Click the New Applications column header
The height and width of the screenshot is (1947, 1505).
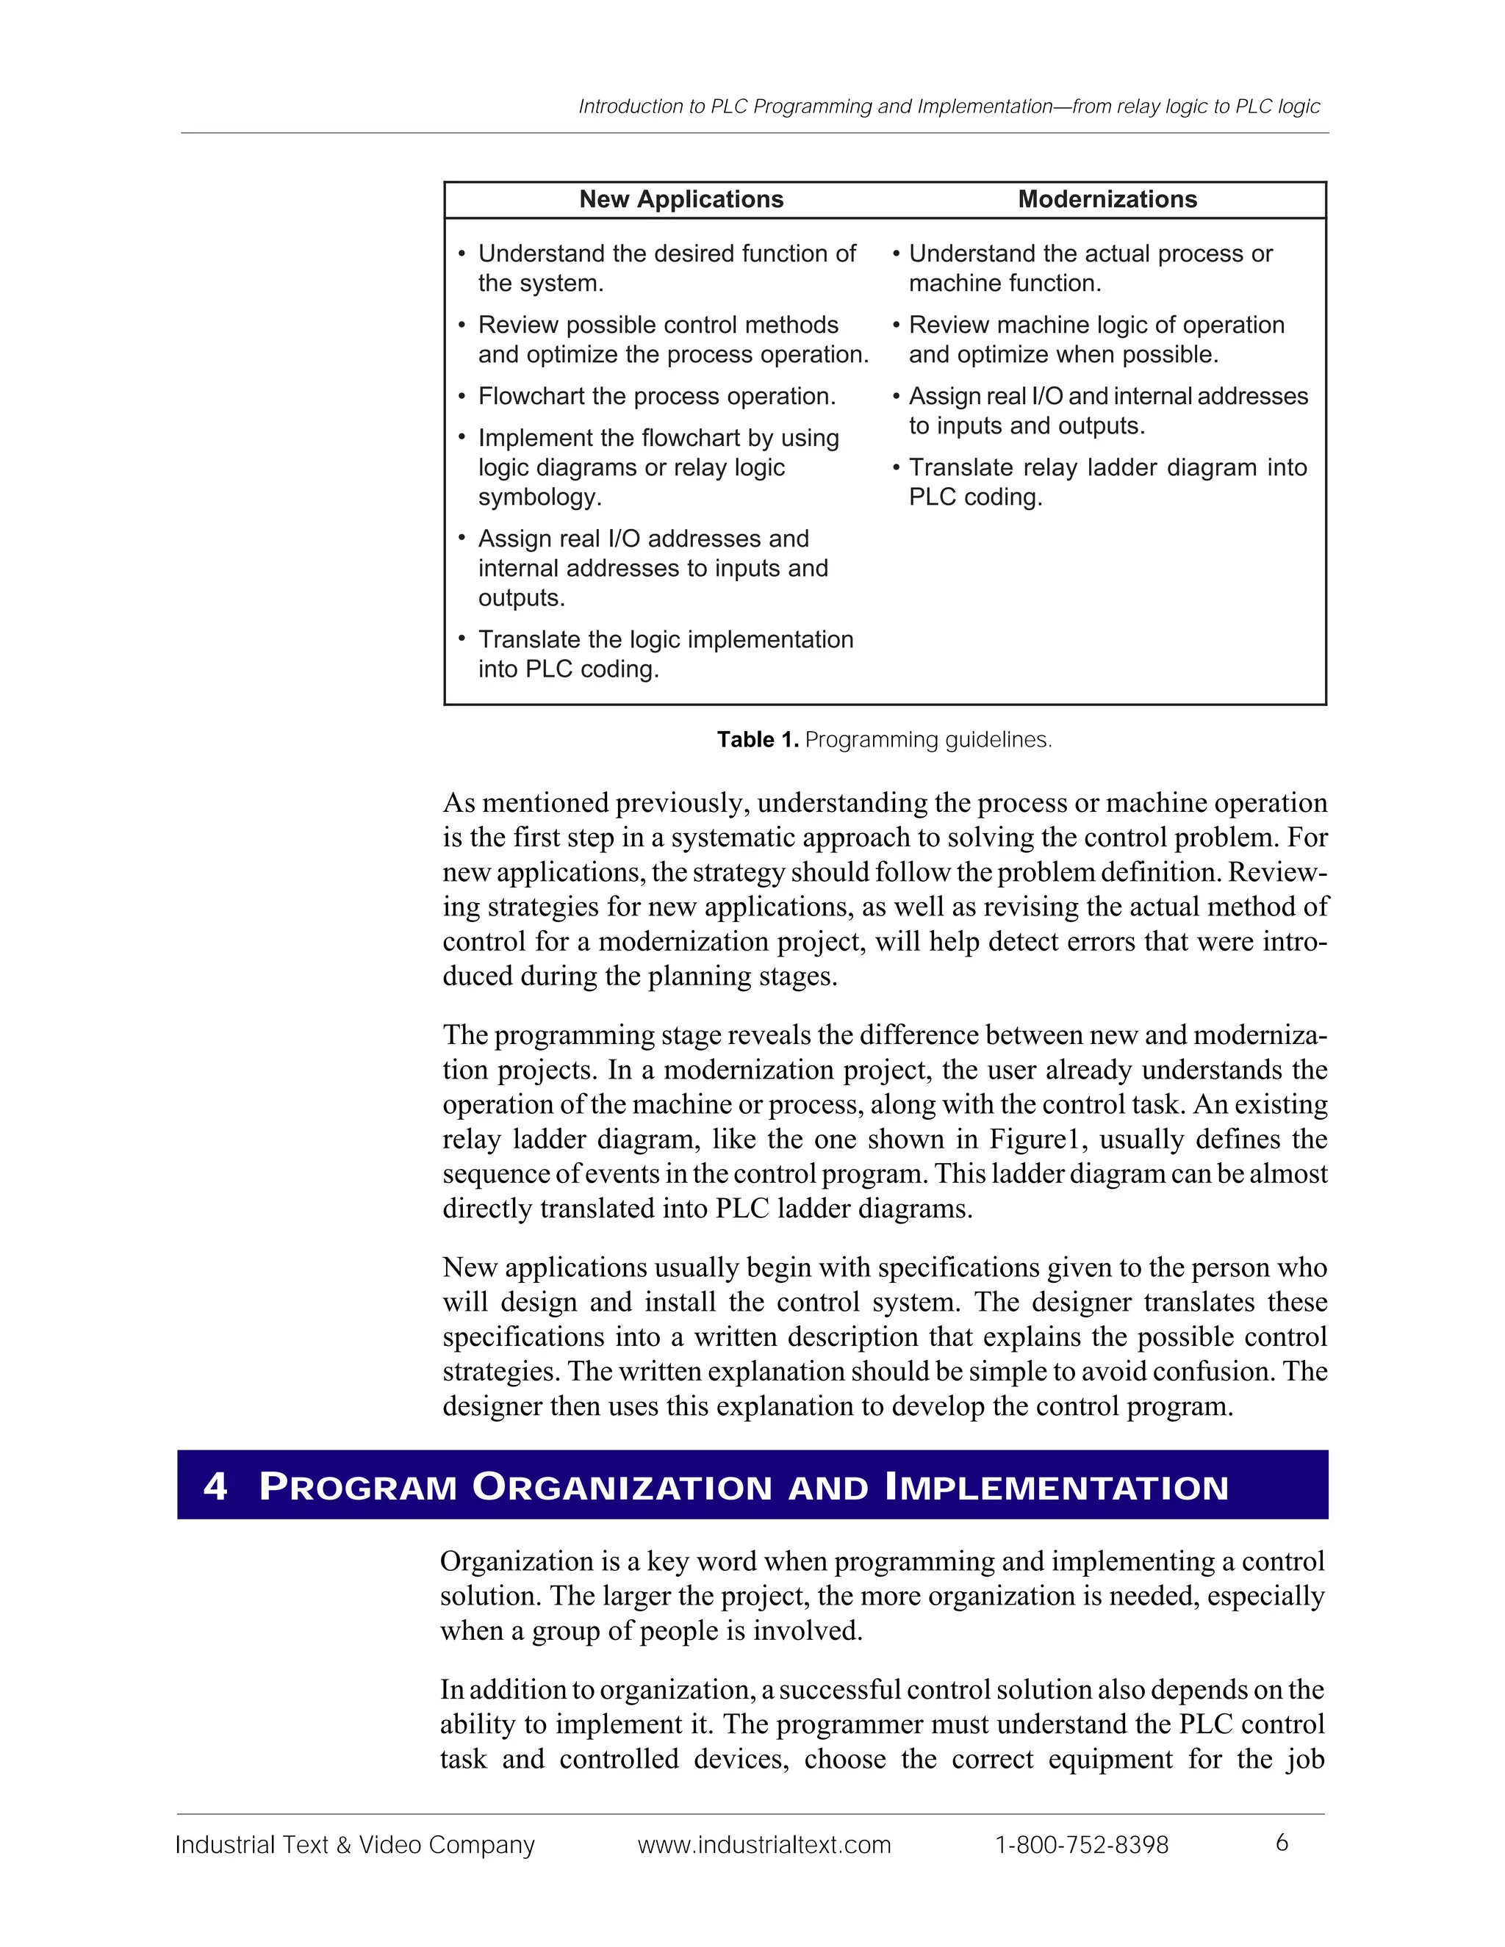(x=681, y=200)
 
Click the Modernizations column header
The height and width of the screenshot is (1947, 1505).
(x=1107, y=200)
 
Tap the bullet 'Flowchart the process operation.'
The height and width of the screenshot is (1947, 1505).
(x=656, y=397)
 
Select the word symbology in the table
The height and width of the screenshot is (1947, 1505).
(x=539, y=497)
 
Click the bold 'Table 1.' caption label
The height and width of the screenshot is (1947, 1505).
(x=757, y=740)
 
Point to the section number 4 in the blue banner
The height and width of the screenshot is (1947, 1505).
(x=215, y=1487)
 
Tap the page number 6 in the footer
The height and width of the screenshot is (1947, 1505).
(x=1281, y=1843)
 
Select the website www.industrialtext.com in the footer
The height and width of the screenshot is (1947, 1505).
(x=764, y=1844)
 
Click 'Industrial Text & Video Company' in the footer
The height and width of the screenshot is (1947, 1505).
(x=355, y=1844)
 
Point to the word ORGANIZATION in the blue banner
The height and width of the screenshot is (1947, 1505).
(x=622, y=1487)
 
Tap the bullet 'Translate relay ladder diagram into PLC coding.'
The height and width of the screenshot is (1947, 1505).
(x=1107, y=482)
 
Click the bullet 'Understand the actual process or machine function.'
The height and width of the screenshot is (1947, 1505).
(x=1090, y=268)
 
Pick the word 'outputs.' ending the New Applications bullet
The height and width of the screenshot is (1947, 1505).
(x=521, y=598)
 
